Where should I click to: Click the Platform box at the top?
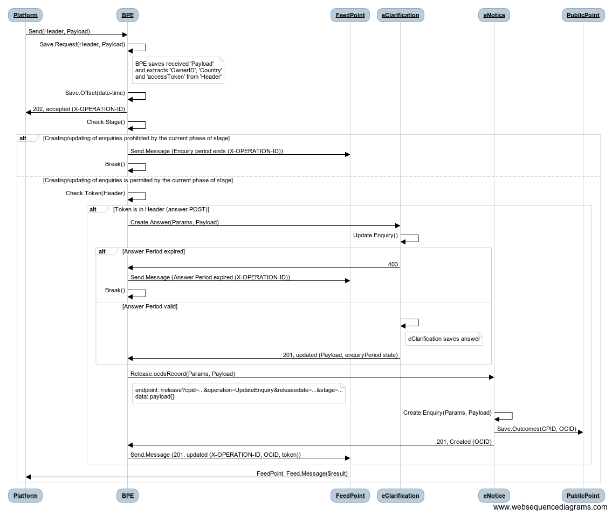coord(25,15)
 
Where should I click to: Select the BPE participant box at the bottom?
coord(128,496)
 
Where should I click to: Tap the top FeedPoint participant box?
coord(350,15)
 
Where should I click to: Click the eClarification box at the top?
coord(401,15)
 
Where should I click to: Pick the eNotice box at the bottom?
coord(494,496)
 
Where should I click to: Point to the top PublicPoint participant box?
coord(583,15)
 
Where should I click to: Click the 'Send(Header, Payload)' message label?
coord(59,31)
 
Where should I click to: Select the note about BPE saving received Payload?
coord(178,70)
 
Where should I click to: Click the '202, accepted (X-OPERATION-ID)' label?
coord(79,109)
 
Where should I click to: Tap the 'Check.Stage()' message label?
coord(106,122)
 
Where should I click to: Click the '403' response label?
coord(393,264)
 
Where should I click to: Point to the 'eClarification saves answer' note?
coord(444,339)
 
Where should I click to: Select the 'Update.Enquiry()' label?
coord(375,235)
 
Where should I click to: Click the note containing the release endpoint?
coord(239,393)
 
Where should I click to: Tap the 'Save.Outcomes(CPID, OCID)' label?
coord(537,429)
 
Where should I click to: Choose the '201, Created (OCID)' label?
coord(464,442)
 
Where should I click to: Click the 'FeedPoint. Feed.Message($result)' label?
coord(302,473)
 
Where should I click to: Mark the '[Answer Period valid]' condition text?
coord(150,306)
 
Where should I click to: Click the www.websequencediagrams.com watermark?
coord(551,507)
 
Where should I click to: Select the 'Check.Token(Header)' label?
coord(95,193)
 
